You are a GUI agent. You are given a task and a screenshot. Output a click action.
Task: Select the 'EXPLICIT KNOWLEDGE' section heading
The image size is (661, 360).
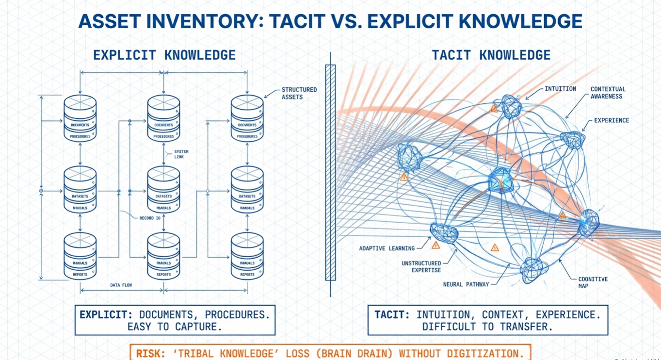pos(164,55)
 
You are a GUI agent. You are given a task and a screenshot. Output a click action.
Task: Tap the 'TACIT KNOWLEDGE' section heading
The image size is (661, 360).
pos(491,55)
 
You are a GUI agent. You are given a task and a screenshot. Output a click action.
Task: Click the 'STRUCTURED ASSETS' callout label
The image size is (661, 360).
pos(299,93)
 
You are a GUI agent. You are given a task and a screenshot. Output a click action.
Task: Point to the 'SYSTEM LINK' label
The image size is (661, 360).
pos(181,154)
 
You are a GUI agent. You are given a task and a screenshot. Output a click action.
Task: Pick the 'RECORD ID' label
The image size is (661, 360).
pos(150,218)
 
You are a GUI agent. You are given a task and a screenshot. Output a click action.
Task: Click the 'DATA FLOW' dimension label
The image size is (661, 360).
pos(121,285)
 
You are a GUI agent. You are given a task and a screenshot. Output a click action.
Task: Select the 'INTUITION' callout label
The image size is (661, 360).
pos(560,89)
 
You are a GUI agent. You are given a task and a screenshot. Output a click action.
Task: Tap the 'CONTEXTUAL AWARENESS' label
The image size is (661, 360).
pos(608,93)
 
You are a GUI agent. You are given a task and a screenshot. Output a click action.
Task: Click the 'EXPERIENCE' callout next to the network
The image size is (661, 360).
pos(612,120)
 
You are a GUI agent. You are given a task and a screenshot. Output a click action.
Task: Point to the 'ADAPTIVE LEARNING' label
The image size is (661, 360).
pos(387,248)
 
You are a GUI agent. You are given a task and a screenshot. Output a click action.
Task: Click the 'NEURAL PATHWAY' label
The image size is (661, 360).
pos(466,284)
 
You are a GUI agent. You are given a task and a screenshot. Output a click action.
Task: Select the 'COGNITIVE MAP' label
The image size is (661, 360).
pos(593,282)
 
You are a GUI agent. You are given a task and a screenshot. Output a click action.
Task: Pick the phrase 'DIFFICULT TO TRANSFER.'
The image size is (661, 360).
pos(487,327)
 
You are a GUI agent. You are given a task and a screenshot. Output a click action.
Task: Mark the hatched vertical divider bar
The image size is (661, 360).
pos(330,172)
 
